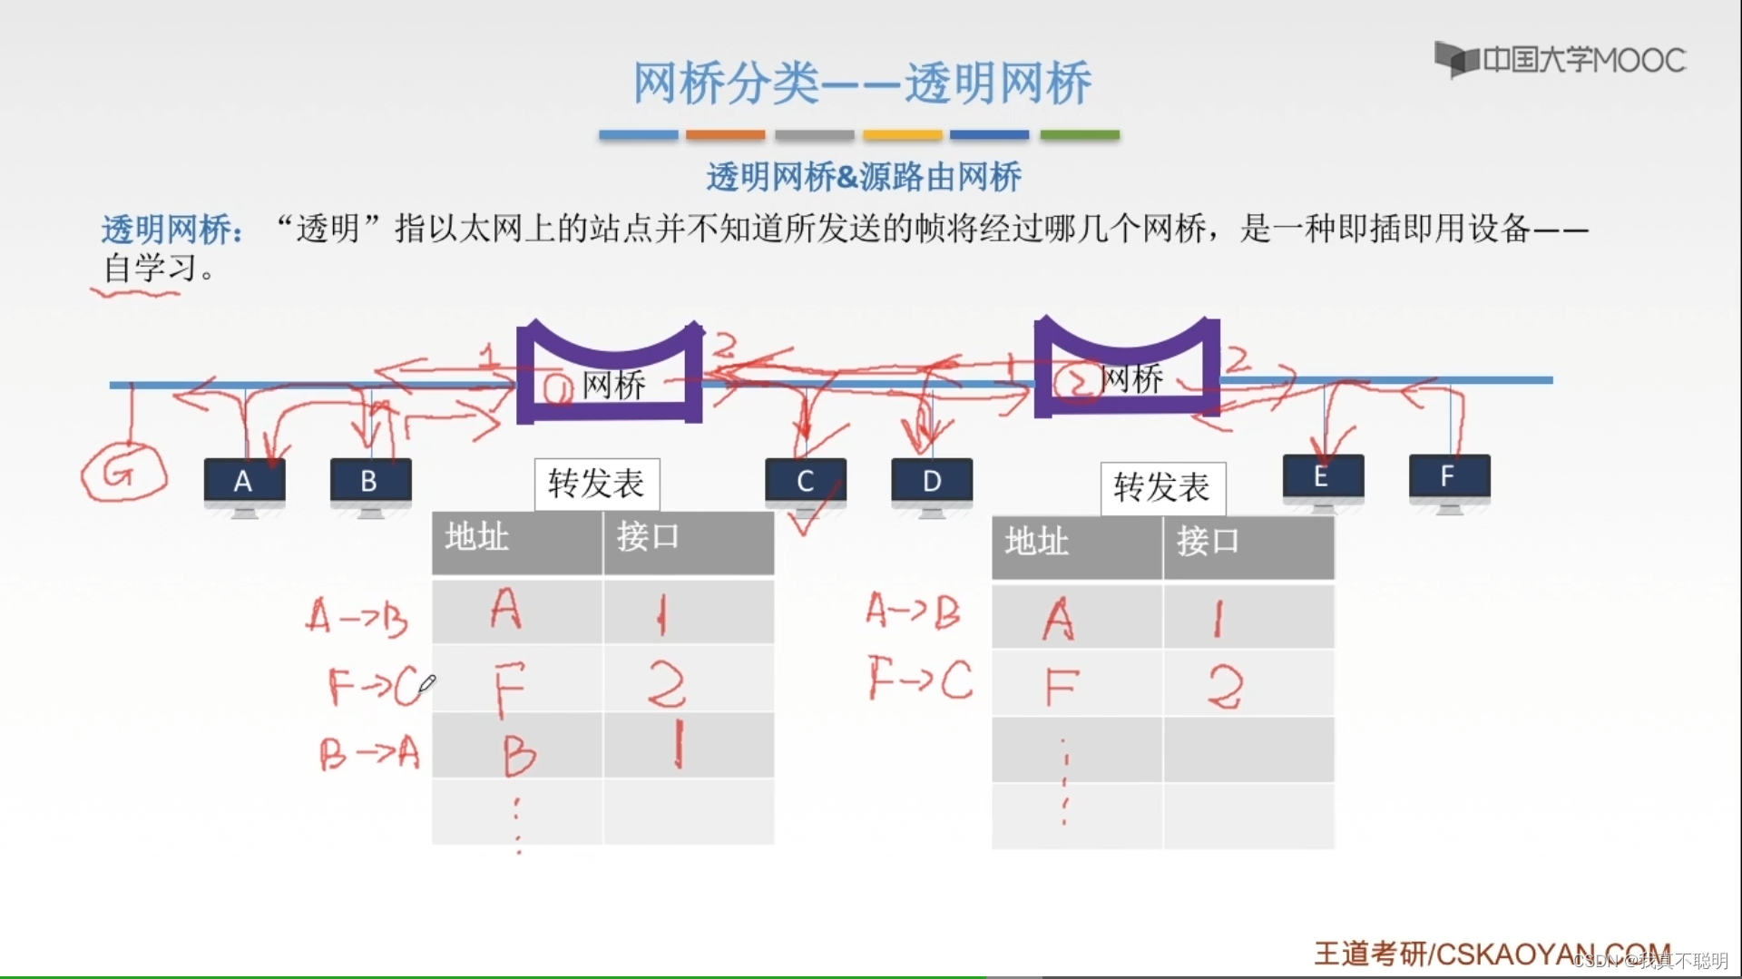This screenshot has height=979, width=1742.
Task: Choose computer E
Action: coord(1322,478)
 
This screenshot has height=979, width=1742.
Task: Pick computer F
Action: coord(1448,478)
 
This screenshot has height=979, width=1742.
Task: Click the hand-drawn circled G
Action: coord(122,473)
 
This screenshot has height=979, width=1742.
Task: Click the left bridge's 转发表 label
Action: coord(596,484)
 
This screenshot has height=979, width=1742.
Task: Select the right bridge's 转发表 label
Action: coord(1162,488)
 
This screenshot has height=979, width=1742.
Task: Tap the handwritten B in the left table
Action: coord(519,754)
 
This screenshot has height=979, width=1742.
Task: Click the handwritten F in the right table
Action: coord(1062,687)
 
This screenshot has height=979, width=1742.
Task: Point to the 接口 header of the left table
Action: coord(648,537)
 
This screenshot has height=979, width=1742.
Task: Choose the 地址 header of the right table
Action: coord(1037,542)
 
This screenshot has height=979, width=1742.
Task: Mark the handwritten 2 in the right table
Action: coord(1224,687)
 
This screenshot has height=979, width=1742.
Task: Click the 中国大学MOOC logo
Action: coord(1560,60)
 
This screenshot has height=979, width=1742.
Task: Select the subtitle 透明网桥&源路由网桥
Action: coord(864,177)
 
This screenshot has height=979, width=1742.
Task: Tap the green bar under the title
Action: coord(1079,135)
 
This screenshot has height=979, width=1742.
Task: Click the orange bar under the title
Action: coord(725,135)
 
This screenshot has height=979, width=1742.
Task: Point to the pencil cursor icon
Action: coord(427,683)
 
